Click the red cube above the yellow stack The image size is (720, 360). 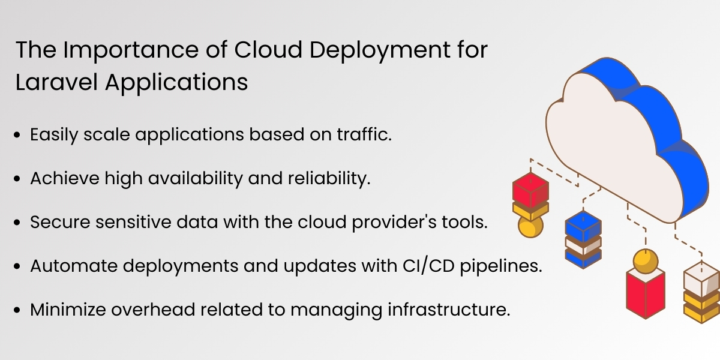pyautogui.click(x=530, y=188)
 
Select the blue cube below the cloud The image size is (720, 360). pyautogui.click(x=583, y=227)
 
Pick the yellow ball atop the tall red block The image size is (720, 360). pyautogui.click(x=646, y=260)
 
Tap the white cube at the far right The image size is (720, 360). pyautogui.click(x=701, y=278)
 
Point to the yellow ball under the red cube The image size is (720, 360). pyautogui.click(x=530, y=227)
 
